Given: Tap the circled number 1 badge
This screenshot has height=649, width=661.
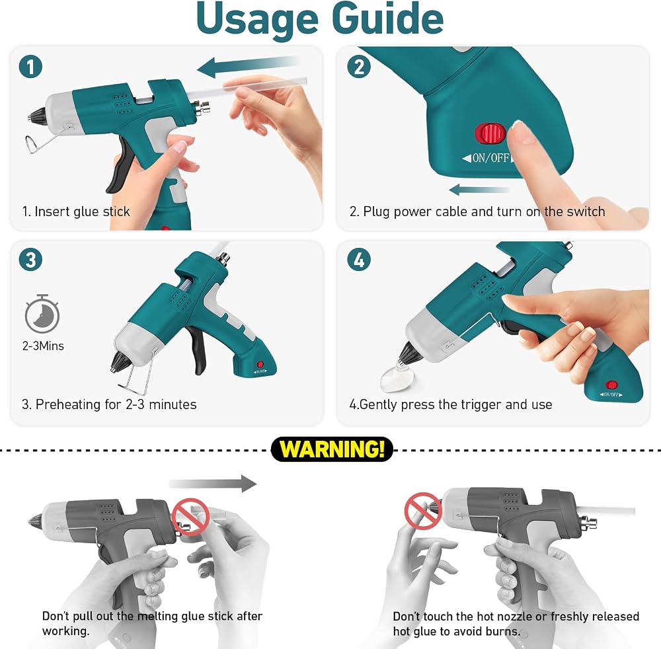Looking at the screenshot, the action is click(31, 67).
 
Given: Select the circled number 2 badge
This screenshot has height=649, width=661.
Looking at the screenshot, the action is click(359, 67).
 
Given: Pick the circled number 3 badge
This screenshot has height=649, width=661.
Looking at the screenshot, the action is click(31, 259).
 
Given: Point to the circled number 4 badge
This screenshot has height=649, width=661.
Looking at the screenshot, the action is click(359, 259).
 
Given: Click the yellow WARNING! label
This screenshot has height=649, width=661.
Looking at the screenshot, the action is click(332, 449).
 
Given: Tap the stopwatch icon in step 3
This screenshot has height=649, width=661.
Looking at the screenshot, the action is click(42, 314).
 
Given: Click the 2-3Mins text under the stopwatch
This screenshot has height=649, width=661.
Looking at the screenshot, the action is click(43, 346).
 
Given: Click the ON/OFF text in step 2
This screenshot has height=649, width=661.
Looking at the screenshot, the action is click(490, 158).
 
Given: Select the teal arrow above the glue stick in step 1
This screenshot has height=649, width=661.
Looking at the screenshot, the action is click(248, 67).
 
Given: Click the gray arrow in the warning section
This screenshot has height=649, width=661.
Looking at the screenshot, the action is click(213, 483).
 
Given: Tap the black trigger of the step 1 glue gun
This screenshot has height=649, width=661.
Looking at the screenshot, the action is click(118, 167).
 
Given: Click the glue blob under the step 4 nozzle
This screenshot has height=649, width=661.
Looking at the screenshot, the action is click(396, 376).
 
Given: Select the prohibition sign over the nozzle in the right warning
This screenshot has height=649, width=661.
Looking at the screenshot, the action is click(423, 511).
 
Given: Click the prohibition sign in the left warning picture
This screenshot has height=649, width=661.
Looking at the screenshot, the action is click(190, 517).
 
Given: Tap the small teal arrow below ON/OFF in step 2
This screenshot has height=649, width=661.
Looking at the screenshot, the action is click(479, 190).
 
